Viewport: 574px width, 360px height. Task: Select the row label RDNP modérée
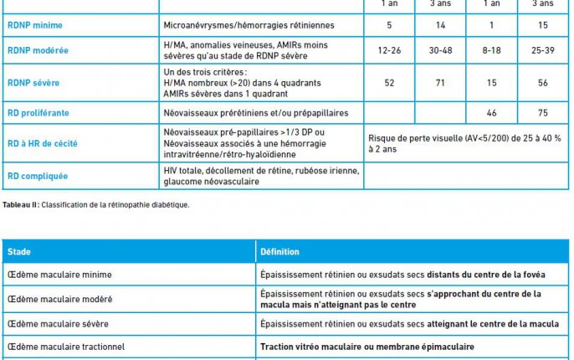(x=38, y=50)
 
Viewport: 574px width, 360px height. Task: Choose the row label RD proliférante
(x=39, y=112)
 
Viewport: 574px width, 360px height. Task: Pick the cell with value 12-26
(x=389, y=50)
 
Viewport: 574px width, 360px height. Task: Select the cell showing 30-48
(x=443, y=50)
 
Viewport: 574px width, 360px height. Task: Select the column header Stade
(x=18, y=251)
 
